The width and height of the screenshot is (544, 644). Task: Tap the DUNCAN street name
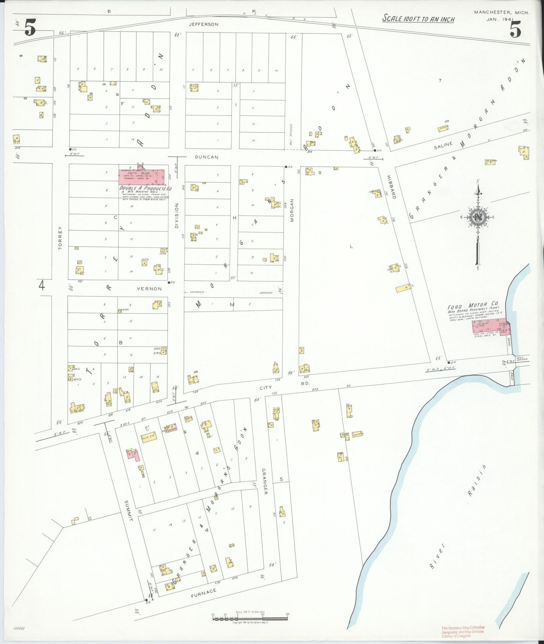coord(207,157)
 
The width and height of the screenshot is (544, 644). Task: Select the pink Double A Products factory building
coord(142,176)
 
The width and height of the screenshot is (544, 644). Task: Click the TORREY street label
coord(60,238)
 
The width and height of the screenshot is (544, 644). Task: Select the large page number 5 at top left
coord(30,29)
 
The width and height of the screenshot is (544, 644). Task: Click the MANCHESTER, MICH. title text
coord(502,12)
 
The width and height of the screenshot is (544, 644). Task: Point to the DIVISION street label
coord(177,216)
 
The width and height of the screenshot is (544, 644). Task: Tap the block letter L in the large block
coord(351,247)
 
